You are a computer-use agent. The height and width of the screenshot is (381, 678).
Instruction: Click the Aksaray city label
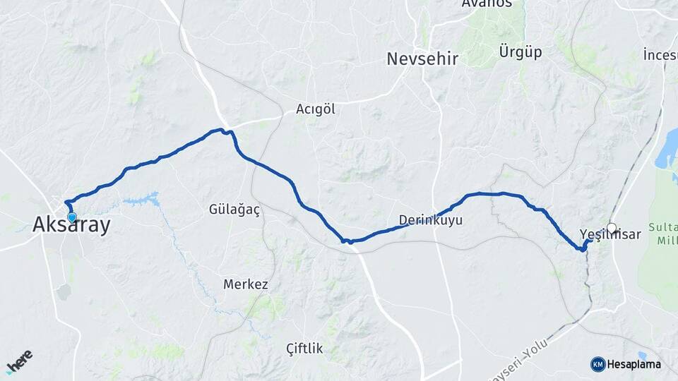pyautogui.click(x=71, y=225)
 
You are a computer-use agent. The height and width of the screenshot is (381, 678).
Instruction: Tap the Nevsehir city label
pyautogui.click(x=422, y=59)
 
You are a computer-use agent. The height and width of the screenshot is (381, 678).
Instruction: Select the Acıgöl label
pyautogui.click(x=315, y=109)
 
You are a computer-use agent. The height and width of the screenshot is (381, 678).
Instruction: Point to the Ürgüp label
pyautogui.click(x=520, y=52)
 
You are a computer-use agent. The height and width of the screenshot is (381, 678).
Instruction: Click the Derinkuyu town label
pyautogui.click(x=431, y=220)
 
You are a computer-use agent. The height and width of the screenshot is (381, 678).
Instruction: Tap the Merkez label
pyautogui.click(x=246, y=284)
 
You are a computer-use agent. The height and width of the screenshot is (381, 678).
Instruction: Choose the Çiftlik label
pyautogui.click(x=304, y=348)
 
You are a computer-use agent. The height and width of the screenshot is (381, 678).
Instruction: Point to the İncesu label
pyautogui.click(x=660, y=54)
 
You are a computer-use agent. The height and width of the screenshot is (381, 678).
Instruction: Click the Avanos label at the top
pyautogui.click(x=487, y=4)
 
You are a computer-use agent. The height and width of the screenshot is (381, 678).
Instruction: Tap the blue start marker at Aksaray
pyautogui.click(x=71, y=217)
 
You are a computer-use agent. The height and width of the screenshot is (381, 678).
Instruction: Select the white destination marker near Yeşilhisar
pyautogui.click(x=612, y=228)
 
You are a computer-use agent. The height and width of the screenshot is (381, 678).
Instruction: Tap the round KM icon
pyautogui.click(x=597, y=364)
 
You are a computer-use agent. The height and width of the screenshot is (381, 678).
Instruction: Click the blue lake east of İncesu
pyautogui.click(x=667, y=159)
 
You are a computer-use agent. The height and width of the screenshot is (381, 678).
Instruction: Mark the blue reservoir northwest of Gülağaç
pyautogui.click(x=144, y=200)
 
